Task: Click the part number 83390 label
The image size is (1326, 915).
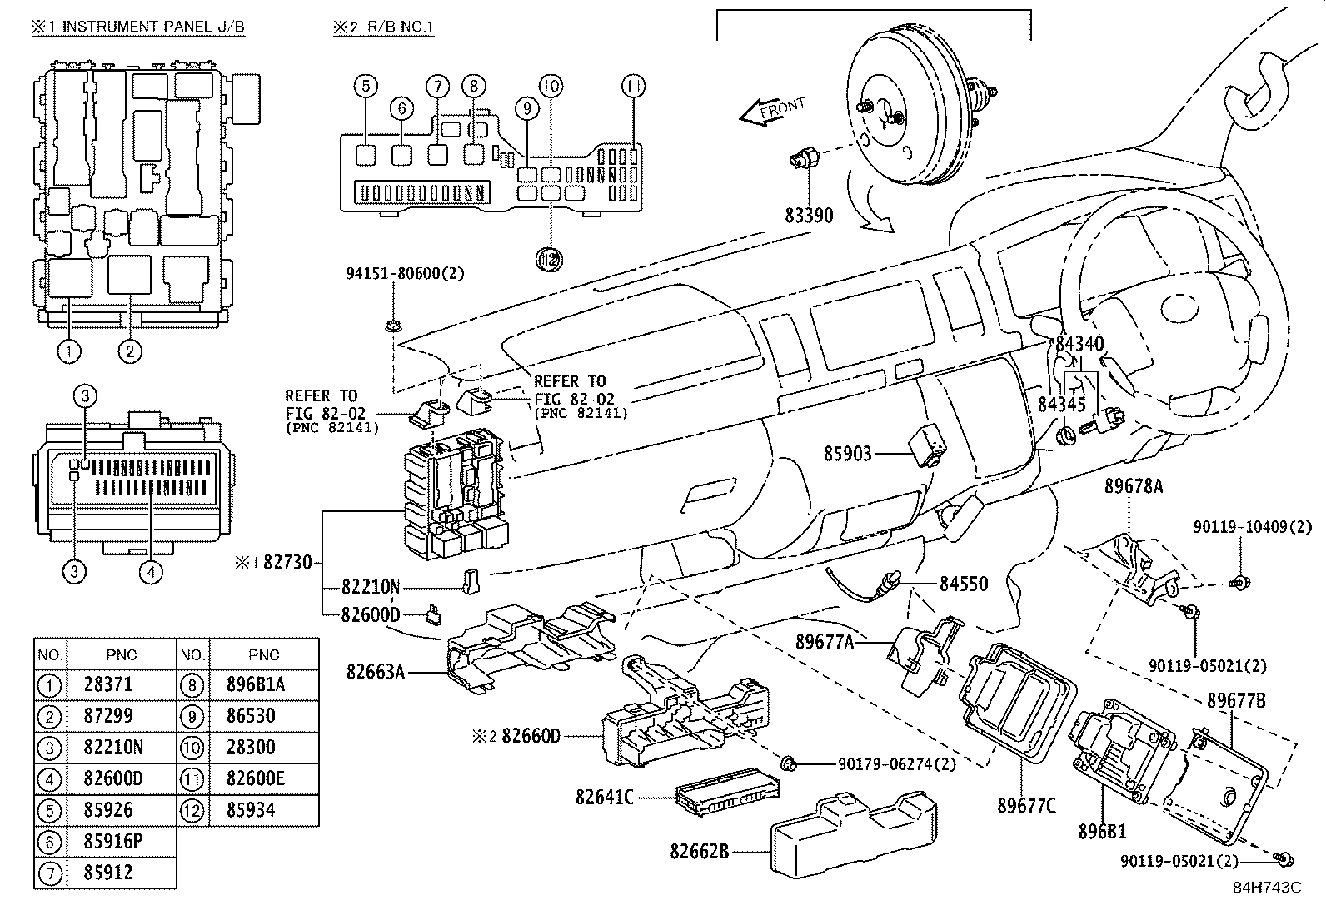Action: tap(808, 215)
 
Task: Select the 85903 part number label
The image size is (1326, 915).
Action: tap(847, 454)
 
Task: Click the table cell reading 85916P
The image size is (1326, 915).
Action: tap(113, 842)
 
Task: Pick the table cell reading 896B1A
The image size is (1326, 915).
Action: tap(256, 684)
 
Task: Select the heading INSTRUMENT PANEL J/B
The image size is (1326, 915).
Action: tap(153, 27)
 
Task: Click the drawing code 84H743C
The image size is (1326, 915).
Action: tap(1266, 887)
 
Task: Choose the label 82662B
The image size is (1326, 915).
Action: tap(699, 852)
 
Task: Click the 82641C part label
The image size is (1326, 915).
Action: tap(604, 798)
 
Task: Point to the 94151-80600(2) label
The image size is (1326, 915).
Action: tap(404, 272)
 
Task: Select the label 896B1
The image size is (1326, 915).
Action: tap(1102, 831)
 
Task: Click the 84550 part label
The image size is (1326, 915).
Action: tap(963, 584)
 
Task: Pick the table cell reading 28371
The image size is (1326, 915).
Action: tap(108, 684)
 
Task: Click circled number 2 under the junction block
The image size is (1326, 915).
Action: tap(130, 351)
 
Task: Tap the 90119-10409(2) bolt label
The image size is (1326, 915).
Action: tap(1252, 527)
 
